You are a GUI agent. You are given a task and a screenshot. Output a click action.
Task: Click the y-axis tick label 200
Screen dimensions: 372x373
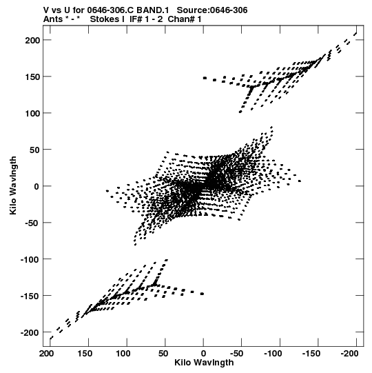pyautogui.click(x=32, y=40)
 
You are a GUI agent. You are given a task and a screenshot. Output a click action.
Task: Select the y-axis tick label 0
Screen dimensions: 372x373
pyautogui.click(x=37, y=186)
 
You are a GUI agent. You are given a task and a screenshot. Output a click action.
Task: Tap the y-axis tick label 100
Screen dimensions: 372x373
pyautogui.click(x=32, y=113)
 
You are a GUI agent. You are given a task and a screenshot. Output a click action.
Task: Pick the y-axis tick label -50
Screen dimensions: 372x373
pyautogui.click(x=32, y=223)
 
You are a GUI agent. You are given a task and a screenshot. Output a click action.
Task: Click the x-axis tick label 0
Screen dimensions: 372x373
pyautogui.click(x=203, y=354)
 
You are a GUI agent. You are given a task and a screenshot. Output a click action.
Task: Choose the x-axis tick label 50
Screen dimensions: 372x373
pyautogui.click(x=163, y=354)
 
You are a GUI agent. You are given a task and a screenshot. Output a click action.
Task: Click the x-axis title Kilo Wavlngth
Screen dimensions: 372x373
pyautogui.click(x=204, y=363)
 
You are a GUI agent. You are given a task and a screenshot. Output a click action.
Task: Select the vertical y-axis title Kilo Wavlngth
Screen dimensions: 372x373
pyautogui.click(x=13, y=185)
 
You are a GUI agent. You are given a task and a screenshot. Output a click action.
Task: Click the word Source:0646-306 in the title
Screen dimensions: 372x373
pyautogui.click(x=212, y=10)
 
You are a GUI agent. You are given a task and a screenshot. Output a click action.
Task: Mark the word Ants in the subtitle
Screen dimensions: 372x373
pyautogui.click(x=52, y=19)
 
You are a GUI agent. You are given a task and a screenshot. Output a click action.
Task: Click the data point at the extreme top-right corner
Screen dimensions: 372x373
pyautogui.click(x=355, y=34)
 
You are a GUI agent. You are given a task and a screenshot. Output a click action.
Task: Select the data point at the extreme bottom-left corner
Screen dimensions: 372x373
pyautogui.click(x=52, y=338)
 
